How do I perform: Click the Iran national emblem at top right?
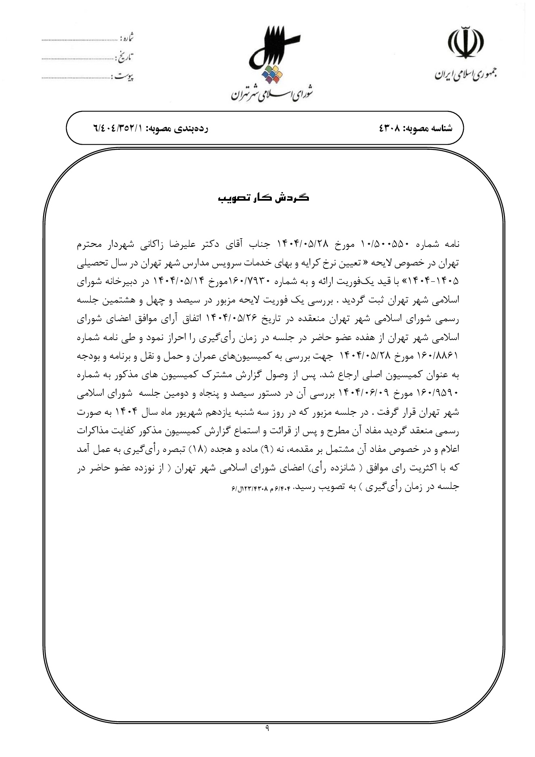[x=466, y=43]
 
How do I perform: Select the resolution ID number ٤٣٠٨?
[x=390, y=129]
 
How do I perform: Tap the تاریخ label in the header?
[x=125, y=57]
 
